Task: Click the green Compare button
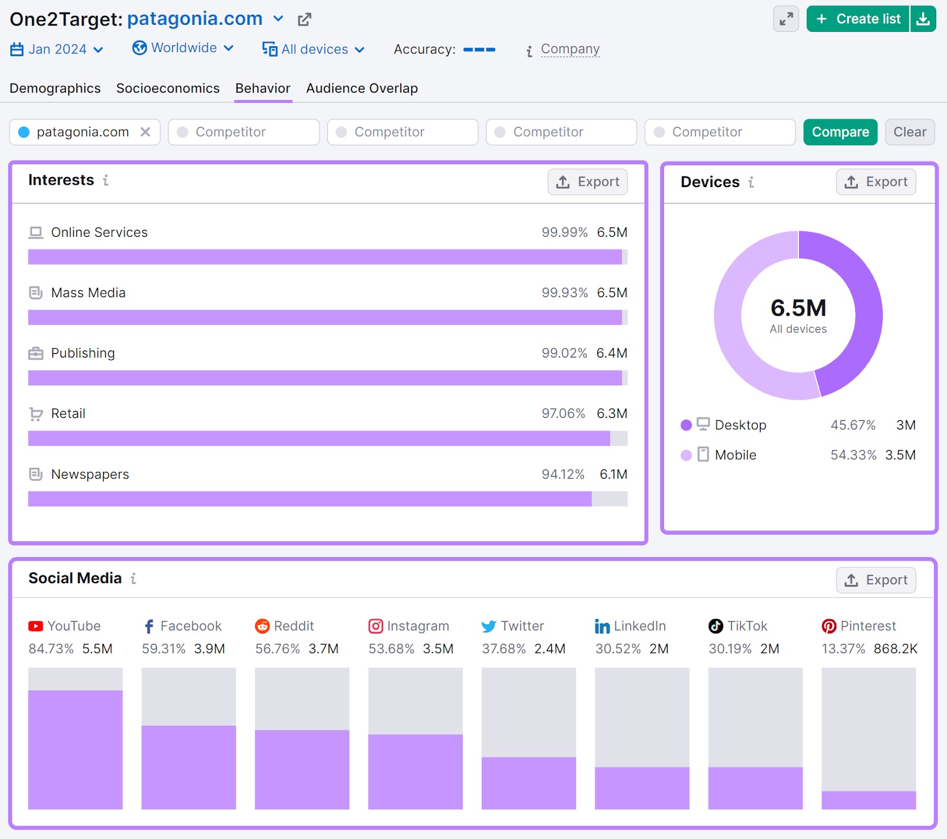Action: click(840, 132)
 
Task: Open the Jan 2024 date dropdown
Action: click(57, 49)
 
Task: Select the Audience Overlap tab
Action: click(362, 88)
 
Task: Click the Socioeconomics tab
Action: click(168, 88)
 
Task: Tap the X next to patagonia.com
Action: click(145, 132)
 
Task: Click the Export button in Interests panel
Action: click(587, 182)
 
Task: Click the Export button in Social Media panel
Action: click(875, 580)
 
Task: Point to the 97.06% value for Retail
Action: click(563, 413)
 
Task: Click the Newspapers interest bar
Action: click(310, 499)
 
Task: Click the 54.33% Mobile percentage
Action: click(853, 455)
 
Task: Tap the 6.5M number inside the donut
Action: click(798, 308)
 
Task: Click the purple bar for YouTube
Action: click(75, 749)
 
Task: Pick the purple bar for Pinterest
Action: click(868, 800)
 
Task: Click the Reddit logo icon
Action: click(262, 626)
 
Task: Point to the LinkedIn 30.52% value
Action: click(618, 649)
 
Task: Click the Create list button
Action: click(858, 19)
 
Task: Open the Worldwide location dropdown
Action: click(183, 48)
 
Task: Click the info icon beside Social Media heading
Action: click(134, 578)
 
